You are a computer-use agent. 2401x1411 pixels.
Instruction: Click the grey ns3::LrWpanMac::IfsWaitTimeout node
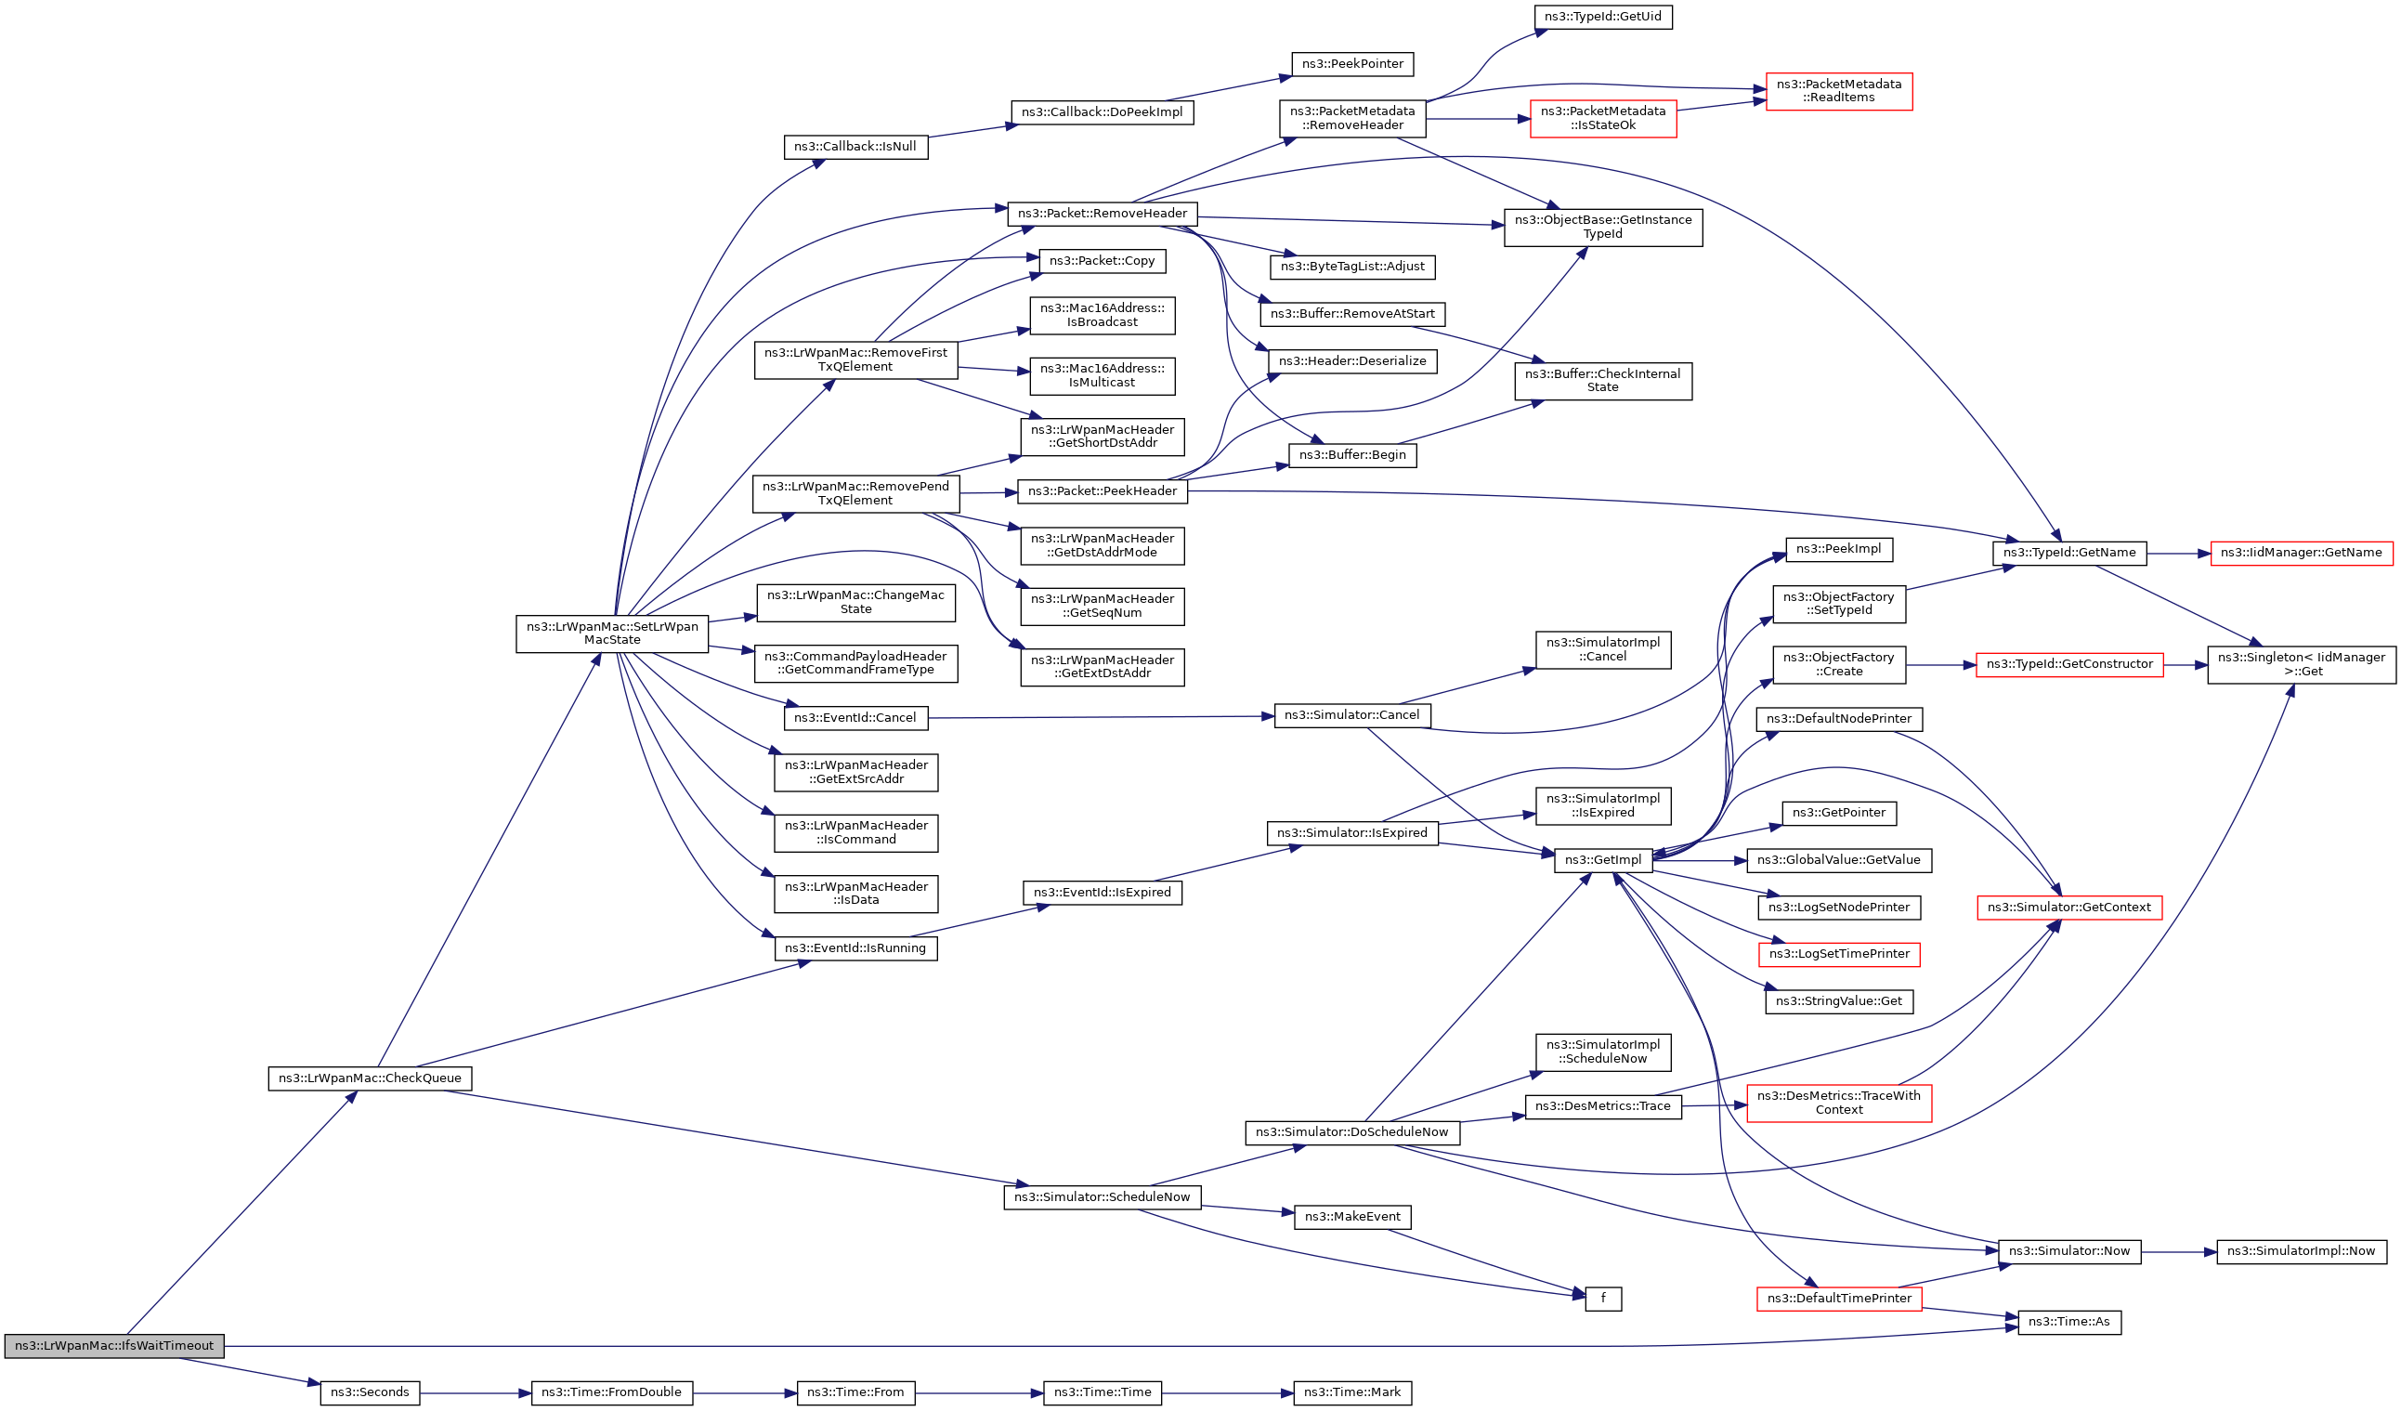click(114, 1345)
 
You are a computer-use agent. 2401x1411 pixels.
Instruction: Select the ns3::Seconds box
click(370, 1391)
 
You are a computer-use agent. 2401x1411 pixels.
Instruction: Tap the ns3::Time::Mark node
click(1352, 1391)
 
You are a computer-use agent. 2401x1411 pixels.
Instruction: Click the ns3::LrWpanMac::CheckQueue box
click(370, 1078)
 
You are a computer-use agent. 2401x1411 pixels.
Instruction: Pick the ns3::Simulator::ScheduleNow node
click(1102, 1196)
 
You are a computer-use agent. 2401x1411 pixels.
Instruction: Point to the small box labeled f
click(1603, 1298)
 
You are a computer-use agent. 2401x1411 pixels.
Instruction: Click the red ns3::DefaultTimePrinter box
click(1839, 1298)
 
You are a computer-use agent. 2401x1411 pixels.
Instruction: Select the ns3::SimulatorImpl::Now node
click(2302, 1250)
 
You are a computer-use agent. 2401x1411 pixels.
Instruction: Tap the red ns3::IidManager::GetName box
click(2301, 553)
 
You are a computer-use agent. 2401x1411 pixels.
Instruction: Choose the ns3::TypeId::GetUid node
click(1602, 16)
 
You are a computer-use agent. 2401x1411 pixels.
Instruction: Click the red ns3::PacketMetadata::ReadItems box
click(1839, 90)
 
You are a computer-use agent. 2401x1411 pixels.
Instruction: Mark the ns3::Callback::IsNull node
click(855, 147)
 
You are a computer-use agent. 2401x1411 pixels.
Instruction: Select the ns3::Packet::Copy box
click(1103, 260)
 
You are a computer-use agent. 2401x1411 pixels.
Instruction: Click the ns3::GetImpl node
click(1603, 859)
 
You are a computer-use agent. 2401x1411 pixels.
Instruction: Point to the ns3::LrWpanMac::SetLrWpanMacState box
click(612, 633)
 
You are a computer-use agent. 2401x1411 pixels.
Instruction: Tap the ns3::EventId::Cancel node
click(855, 717)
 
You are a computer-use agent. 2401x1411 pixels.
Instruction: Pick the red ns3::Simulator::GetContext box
click(2069, 907)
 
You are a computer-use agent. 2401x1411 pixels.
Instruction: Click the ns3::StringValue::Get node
click(1839, 1000)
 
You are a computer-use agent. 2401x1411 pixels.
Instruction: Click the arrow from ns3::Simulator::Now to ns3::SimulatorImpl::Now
click(2179, 1251)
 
